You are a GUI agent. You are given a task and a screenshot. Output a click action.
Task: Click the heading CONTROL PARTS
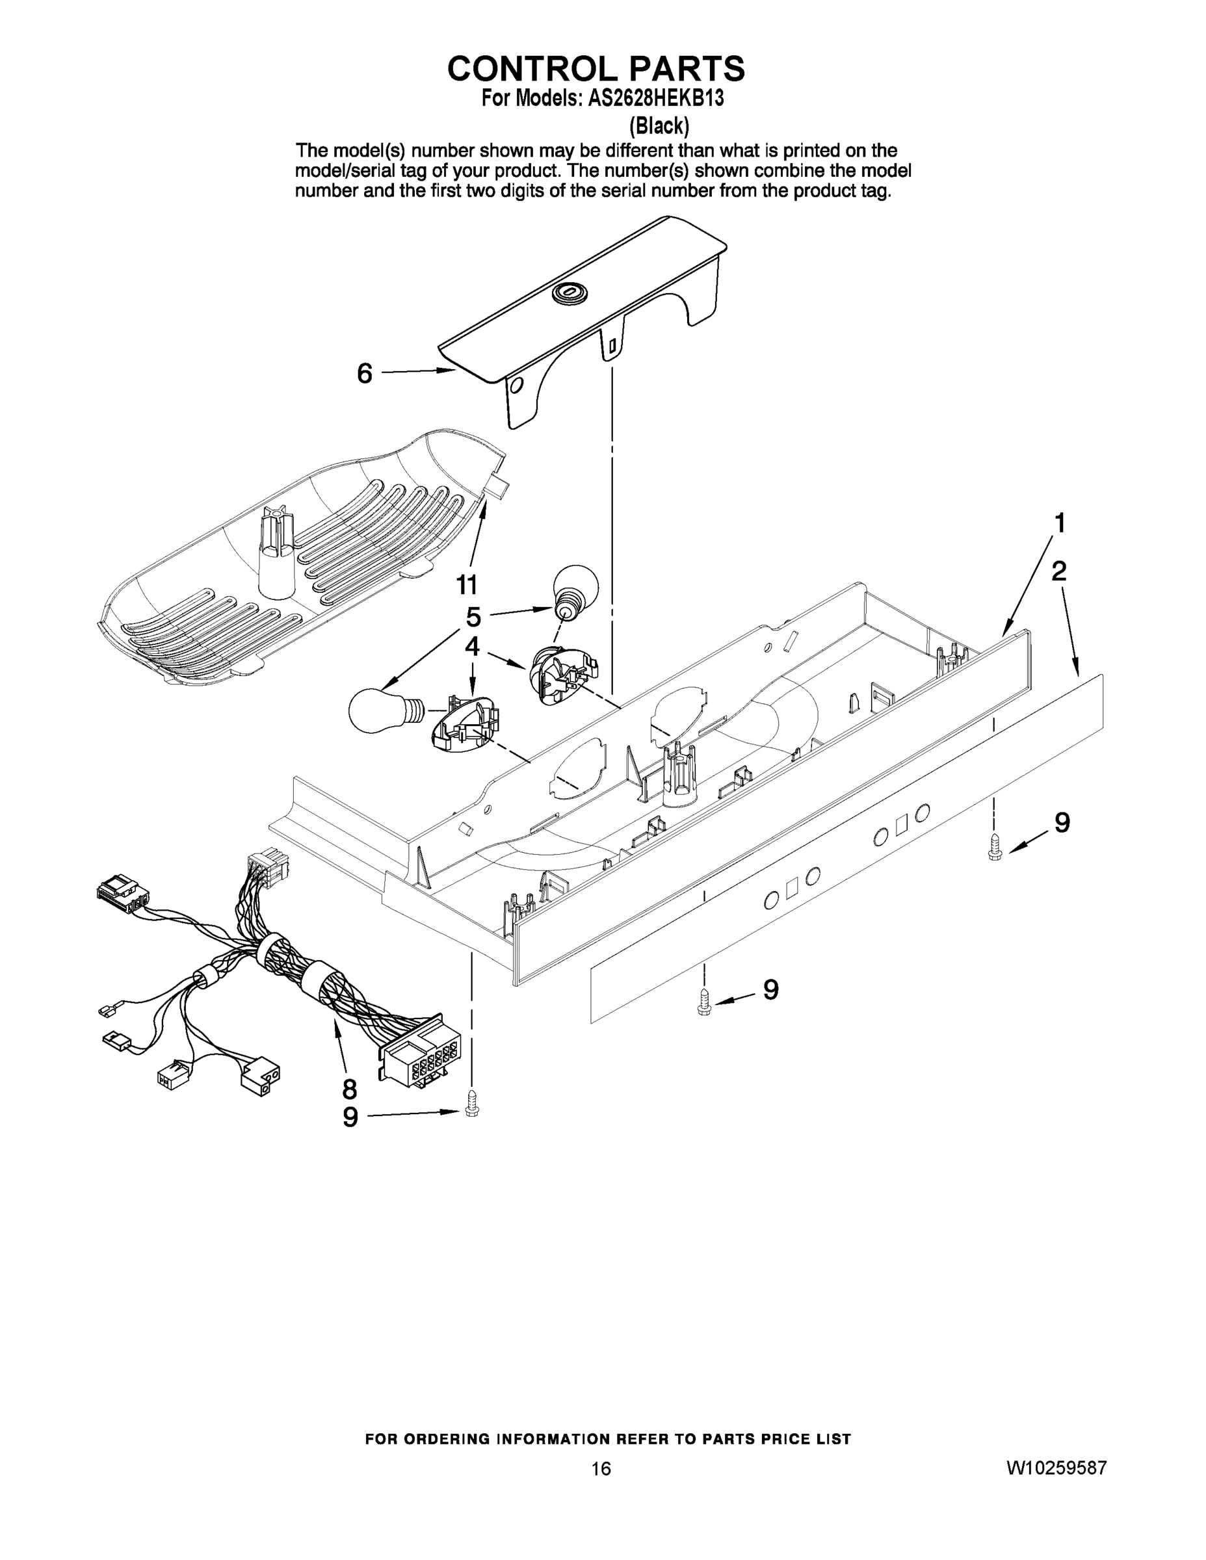[596, 68]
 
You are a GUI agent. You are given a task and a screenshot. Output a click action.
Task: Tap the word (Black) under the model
[659, 127]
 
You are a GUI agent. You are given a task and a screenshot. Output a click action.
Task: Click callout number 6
[364, 374]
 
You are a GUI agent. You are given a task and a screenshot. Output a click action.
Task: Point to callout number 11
[467, 585]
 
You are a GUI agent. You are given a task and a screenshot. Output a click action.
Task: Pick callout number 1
[1060, 523]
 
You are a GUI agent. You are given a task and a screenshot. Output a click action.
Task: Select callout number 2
[1059, 571]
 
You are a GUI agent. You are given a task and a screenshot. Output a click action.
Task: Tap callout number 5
[473, 616]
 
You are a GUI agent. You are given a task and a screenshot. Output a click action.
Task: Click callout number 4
[471, 647]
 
